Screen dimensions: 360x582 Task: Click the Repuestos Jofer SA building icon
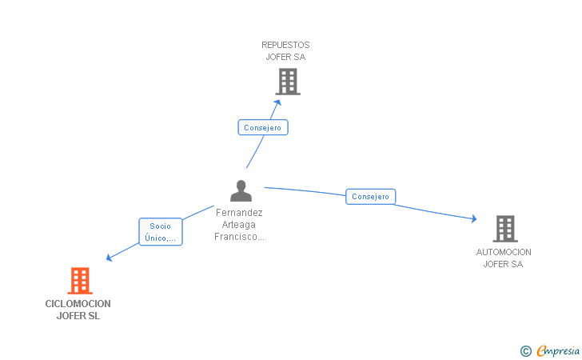pyautogui.click(x=287, y=82)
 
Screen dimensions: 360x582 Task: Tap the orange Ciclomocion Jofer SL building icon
pyautogui.click(x=80, y=281)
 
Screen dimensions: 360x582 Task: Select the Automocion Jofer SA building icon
pyautogui.click(x=504, y=229)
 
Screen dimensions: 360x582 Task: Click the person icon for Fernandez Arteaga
pyautogui.click(x=241, y=191)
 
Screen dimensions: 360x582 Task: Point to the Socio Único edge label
pyautogui.click(x=160, y=232)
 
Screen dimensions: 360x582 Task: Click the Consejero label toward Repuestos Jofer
pyautogui.click(x=262, y=127)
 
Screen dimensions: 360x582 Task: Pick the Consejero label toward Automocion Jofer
pyautogui.click(x=370, y=196)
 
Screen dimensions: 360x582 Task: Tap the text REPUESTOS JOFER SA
pyautogui.click(x=285, y=50)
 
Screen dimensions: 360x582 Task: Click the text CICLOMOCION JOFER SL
pyautogui.click(x=78, y=310)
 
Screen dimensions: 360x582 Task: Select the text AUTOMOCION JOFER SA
pyautogui.click(x=504, y=258)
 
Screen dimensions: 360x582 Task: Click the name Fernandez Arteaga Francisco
pyautogui.click(x=239, y=225)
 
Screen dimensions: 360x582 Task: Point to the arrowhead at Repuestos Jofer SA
pyautogui.click(x=277, y=102)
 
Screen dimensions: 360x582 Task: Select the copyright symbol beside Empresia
pyautogui.click(x=525, y=350)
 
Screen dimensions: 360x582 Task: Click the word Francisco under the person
pyautogui.click(x=239, y=237)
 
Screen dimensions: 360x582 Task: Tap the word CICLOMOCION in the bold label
pyautogui.click(x=78, y=304)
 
